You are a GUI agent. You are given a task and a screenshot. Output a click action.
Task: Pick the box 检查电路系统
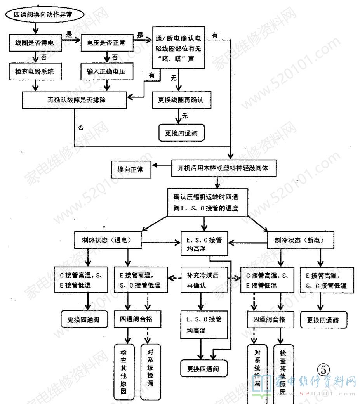[35, 72]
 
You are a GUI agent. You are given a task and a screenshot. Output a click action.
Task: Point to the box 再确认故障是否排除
[75, 99]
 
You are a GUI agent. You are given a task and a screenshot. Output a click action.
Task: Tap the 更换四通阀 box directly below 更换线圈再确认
[181, 132]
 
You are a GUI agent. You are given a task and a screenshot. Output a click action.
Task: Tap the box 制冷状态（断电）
[301, 241]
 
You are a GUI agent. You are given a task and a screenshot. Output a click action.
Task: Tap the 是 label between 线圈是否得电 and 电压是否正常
[70, 35]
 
